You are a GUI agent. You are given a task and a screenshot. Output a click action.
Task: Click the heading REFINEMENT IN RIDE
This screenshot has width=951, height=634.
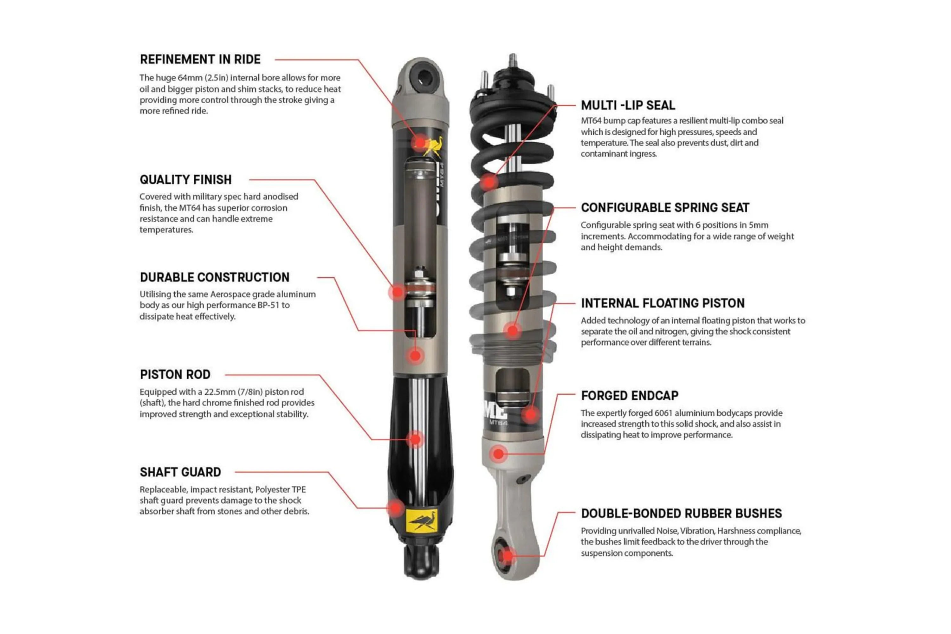click(200, 60)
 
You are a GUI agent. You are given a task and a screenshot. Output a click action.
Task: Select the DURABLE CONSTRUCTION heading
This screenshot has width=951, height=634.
click(215, 277)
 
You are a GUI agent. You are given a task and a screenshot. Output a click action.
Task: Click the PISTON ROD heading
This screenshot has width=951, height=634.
click(175, 374)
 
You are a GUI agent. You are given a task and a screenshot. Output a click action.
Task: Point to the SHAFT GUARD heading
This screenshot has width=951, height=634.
click(180, 472)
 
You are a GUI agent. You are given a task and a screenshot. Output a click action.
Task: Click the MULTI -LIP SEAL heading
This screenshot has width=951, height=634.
click(628, 105)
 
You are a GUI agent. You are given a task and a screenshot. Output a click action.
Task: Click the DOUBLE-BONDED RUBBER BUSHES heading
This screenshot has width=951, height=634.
click(681, 514)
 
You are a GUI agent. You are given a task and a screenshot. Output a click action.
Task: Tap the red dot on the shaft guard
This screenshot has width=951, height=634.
click(395, 508)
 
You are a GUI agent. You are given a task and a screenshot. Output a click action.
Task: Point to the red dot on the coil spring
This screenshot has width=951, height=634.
click(489, 182)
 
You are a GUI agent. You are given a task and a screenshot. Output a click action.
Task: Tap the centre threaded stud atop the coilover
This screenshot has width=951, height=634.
click(513, 61)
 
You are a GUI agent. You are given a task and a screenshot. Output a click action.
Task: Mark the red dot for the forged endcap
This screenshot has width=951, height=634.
click(499, 454)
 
